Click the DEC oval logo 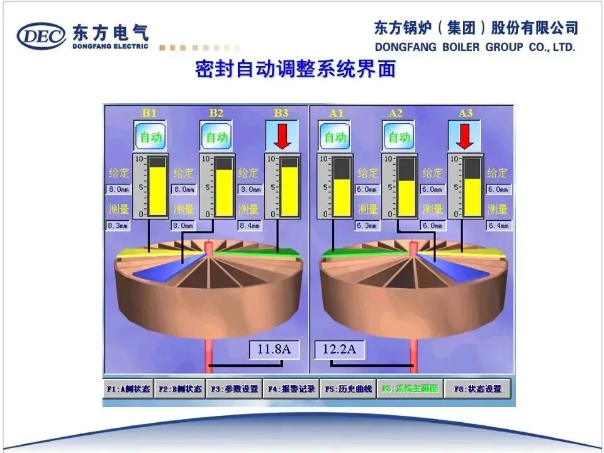(x=42, y=36)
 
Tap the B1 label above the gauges (x=149, y=113)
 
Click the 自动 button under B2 (x=216, y=137)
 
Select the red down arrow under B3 (x=281, y=137)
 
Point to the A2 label (x=396, y=113)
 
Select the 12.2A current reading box (x=340, y=349)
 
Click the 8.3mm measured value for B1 (x=118, y=225)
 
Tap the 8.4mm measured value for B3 (x=251, y=225)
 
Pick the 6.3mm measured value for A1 (x=367, y=225)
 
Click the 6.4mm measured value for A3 (x=498, y=225)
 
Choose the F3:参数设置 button (x=235, y=389)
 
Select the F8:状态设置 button (x=478, y=389)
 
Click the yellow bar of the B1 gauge (x=159, y=191)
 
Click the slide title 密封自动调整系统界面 (x=296, y=69)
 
